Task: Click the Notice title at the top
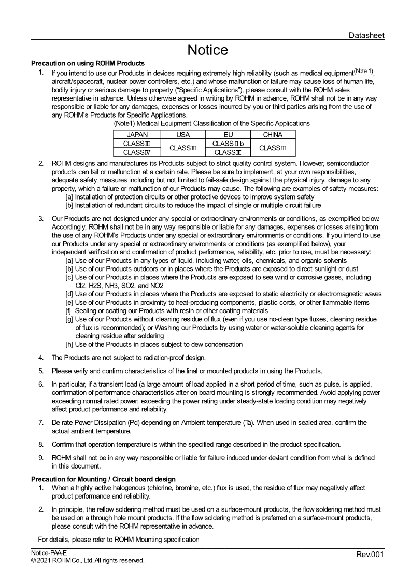click(207, 50)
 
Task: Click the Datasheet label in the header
click(366, 35)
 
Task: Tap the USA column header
click(183, 135)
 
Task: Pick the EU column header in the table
click(228, 135)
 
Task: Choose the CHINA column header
click(273, 135)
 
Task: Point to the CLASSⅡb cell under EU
click(228, 144)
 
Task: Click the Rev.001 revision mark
click(370, 555)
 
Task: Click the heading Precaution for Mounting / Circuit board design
click(103, 479)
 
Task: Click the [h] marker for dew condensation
click(69, 344)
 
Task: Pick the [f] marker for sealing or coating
click(68, 310)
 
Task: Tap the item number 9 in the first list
click(41, 457)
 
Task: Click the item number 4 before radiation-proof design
click(41, 358)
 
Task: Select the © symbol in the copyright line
click(33, 560)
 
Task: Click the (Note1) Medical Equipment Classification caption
click(211, 123)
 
